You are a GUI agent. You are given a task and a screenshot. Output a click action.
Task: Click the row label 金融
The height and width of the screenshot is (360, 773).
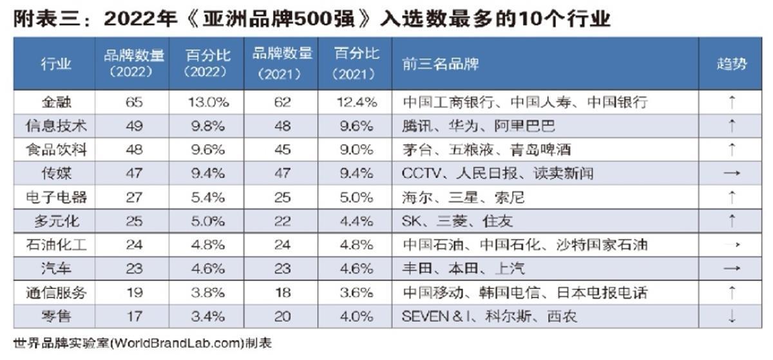(55, 102)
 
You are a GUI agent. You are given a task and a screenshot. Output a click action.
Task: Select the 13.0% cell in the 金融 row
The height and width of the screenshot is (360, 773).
(206, 102)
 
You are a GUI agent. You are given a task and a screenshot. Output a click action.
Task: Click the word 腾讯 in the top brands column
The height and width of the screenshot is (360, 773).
(416, 126)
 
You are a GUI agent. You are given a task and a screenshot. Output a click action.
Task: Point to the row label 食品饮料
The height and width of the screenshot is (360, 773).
(55, 150)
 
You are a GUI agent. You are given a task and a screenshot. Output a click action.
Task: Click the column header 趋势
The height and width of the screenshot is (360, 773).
(732, 64)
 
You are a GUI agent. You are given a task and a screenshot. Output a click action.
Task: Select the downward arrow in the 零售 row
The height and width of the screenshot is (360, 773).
(732, 316)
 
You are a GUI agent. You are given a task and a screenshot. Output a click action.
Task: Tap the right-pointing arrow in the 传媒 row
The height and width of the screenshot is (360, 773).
(732, 173)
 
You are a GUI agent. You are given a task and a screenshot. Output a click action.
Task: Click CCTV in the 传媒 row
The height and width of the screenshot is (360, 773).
(419, 173)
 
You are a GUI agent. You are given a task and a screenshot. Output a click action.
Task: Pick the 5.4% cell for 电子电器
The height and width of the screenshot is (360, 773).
(206, 197)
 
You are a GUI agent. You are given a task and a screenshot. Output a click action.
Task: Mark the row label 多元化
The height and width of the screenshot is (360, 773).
(57, 221)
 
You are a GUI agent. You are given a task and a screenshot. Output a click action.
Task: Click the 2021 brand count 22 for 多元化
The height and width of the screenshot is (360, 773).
(282, 221)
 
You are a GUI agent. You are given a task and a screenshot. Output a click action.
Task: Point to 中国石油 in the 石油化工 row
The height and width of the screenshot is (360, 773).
(428, 245)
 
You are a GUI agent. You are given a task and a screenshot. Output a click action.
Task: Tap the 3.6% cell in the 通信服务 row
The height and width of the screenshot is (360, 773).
(355, 292)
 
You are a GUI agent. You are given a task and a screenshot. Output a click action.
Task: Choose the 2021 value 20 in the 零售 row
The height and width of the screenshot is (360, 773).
(282, 316)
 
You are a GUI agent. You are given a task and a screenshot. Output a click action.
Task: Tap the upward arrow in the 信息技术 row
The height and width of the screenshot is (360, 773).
(732, 126)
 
